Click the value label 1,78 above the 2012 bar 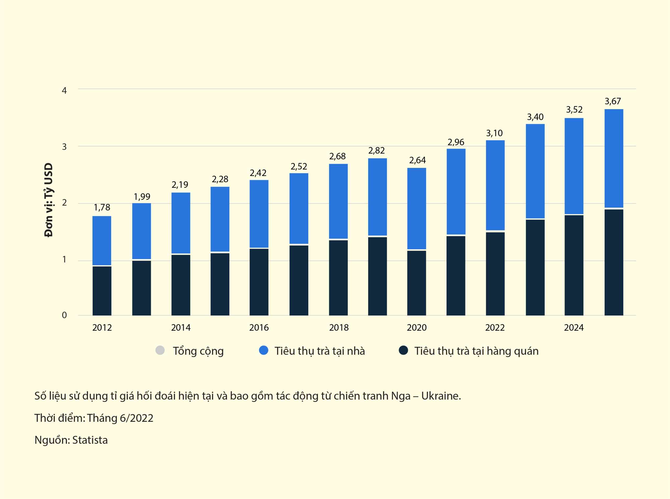102,207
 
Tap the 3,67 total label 613,101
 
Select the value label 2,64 417,160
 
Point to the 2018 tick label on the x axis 339,328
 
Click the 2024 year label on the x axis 574,328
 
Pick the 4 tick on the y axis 64,90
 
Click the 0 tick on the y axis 64,315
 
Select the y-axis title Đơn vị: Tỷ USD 49,200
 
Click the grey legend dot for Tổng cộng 160,350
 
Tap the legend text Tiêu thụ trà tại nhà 320,351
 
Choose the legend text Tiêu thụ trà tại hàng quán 476,351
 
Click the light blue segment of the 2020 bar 417,208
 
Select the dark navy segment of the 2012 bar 102,291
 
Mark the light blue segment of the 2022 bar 495,185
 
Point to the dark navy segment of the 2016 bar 259,282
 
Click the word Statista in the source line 90,440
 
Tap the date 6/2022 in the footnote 136,418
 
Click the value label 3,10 494,133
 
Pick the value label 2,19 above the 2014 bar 180,185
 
